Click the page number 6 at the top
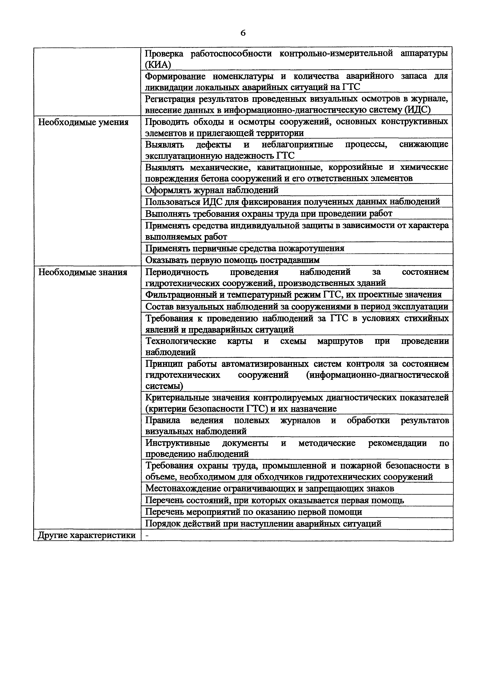[243, 33]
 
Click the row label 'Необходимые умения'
[83, 122]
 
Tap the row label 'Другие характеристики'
[87, 535]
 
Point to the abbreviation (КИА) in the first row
[158, 65]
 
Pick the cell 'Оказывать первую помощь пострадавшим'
[233, 260]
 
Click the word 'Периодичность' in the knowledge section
[177, 272]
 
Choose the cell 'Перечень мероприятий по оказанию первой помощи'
[254, 512]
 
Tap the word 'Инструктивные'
[178, 443]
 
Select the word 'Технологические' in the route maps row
[181, 341]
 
